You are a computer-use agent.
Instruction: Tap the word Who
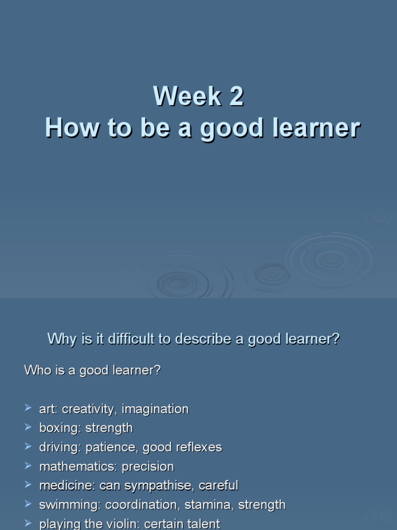37,371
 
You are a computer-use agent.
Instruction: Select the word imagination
158,409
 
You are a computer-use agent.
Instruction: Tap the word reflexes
202,447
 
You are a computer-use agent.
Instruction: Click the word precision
148,466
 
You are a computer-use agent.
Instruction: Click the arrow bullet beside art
28,408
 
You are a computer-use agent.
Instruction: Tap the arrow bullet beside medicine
28,485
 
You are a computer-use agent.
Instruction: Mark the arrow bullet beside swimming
28,504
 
